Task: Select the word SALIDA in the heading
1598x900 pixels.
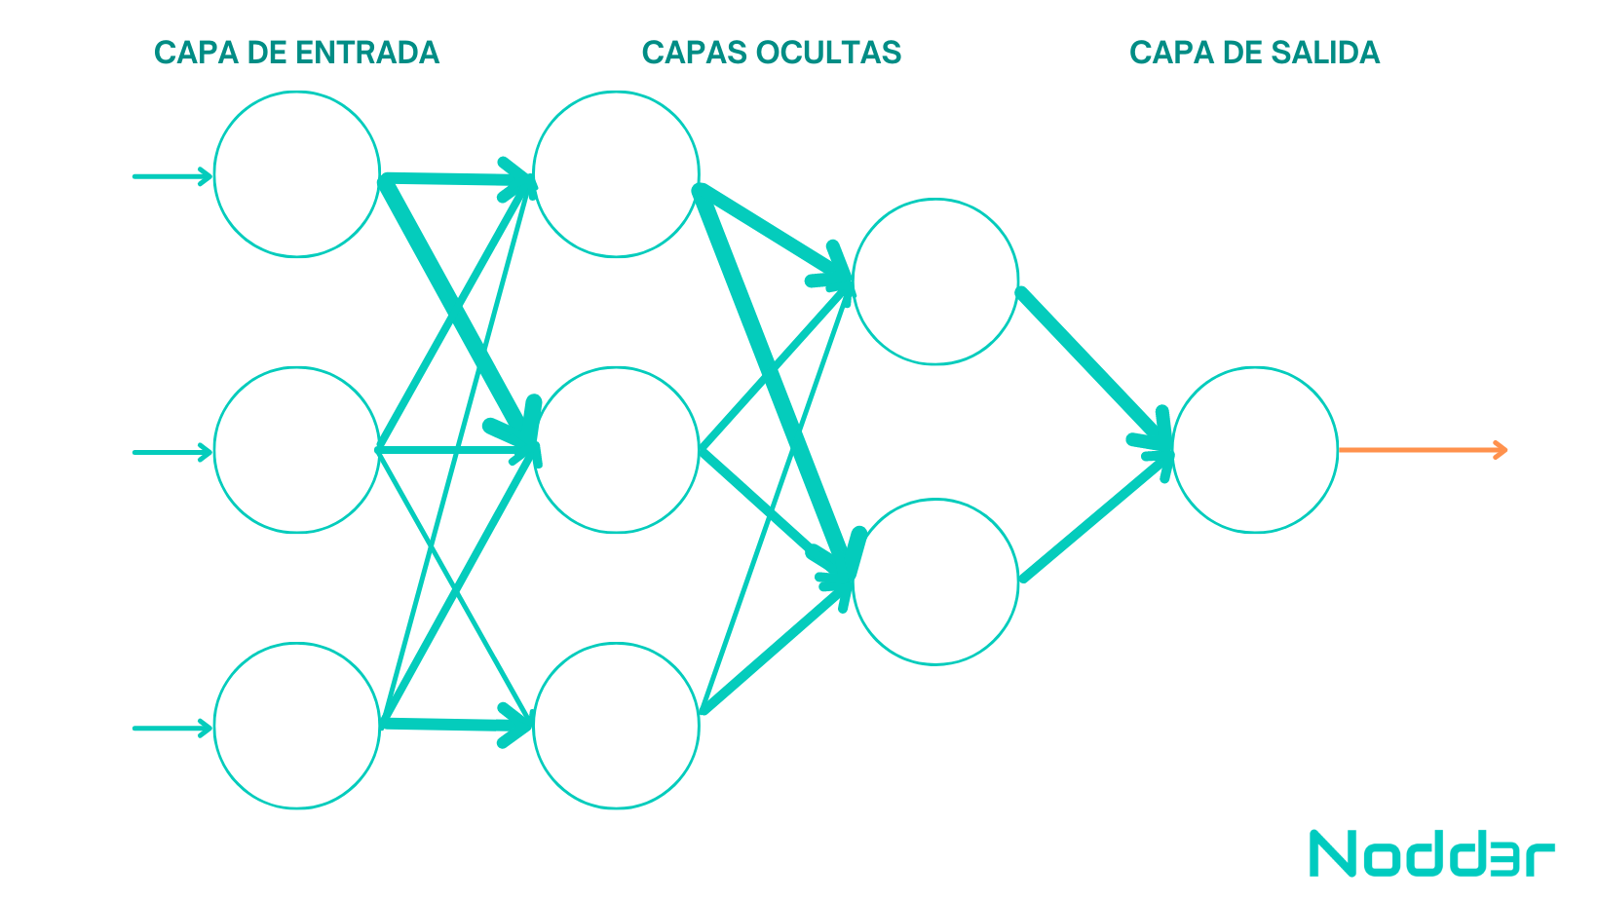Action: point(1320,53)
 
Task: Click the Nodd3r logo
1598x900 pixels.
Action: point(1431,853)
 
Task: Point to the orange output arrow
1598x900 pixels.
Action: point(1423,450)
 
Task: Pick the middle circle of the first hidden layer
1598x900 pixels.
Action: point(616,368)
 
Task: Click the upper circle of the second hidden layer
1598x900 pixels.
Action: point(935,200)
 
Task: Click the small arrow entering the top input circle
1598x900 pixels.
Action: point(172,176)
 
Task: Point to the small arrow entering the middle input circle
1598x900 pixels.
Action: point(172,452)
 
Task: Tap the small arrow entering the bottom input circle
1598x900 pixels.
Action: point(172,729)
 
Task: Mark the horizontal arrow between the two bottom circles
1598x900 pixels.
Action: point(457,725)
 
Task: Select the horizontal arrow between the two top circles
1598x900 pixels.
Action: point(458,178)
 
